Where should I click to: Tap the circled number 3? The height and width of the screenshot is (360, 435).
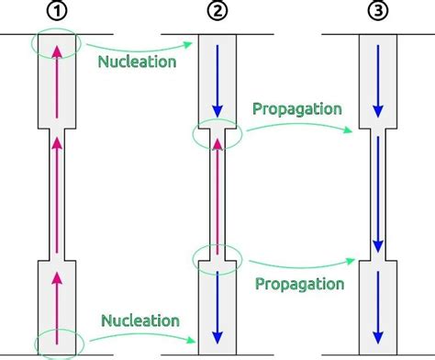pyautogui.click(x=377, y=12)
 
